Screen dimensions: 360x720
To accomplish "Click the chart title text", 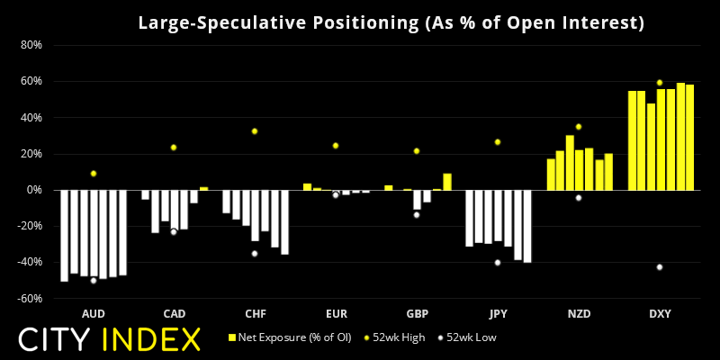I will [x=391, y=23].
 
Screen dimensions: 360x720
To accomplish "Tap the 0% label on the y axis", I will [x=34, y=190].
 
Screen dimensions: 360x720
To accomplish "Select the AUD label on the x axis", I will [x=93, y=314].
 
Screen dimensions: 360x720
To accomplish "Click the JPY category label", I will [x=498, y=314].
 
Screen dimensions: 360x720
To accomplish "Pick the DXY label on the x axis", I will [x=660, y=314].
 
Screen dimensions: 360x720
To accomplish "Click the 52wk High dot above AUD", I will [x=93, y=173].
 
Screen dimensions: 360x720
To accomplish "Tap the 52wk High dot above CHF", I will [x=255, y=131].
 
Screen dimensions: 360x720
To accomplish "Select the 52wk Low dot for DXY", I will [x=660, y=266].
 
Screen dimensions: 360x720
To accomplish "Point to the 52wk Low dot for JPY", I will [x=498, y=263].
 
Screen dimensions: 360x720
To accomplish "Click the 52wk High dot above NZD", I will [x=579, y=127].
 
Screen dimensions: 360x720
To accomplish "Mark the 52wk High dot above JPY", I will [x=498, y=142].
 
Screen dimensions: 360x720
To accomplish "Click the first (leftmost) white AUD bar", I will [x=64, y=236].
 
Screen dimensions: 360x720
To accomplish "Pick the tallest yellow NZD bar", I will [x=570, y=163].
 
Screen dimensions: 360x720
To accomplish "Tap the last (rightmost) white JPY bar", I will [x=527, y=226].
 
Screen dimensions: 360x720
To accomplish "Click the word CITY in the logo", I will [x=58, y=339].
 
